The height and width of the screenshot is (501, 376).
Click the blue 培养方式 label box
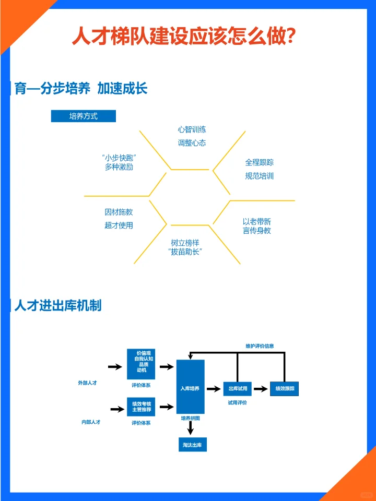click(x=83, y=116)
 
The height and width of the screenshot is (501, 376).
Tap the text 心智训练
click(x=192, y=129)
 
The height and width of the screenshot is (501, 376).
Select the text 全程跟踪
click(x=260, y=162)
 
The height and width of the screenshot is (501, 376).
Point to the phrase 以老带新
click(x=256, y=221)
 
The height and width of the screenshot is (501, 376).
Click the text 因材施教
click(x=119, y=212)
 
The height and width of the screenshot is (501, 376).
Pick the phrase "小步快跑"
click(x=119, y=158)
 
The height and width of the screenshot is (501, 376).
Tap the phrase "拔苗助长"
click(x=185, y=252)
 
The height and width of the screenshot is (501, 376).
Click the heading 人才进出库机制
click(x=58, y=306)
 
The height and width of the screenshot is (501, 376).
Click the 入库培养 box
click(x=190, y=388)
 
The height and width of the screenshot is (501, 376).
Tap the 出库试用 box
click(x=238, y=389)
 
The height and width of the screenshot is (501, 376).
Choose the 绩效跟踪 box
click(x=285, y=389)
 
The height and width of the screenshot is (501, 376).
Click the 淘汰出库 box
click(x=192, y=444)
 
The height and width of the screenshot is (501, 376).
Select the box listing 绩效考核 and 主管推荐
click(x=141, y=407)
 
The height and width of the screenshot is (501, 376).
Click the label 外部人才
click(x=87, y=383)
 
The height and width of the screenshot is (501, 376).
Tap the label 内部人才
click(x=90, y=422)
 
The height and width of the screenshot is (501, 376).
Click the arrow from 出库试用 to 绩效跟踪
click(x=261, y=389)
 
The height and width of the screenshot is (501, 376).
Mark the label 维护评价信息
click(x=260, y=346)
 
